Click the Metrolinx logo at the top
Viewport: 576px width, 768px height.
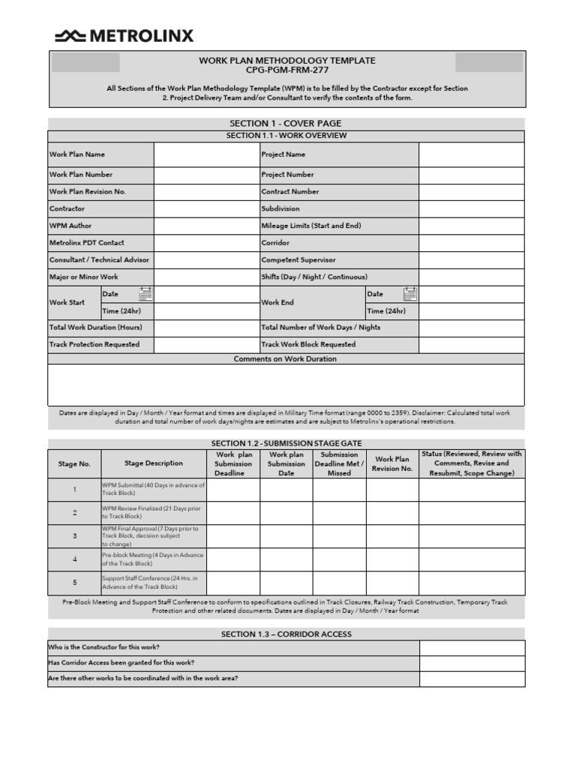(124, 35)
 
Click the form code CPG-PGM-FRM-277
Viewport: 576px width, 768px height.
(287, 70)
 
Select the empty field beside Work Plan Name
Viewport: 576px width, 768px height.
(205, 154)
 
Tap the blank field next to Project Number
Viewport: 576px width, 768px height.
(471, 175)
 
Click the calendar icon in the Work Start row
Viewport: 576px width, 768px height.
(145, 294)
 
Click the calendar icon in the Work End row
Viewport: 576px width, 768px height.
(409, 294)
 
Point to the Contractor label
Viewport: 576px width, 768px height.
(67, 208)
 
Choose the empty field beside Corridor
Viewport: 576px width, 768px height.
(471, 243)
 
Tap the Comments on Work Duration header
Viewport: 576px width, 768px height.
(286, 358)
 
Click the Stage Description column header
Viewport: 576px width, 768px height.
(153, 463)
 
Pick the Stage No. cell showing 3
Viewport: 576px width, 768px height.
(74, 536)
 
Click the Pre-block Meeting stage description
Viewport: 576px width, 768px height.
(153, 559)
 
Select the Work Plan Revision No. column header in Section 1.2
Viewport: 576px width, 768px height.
(392, 463)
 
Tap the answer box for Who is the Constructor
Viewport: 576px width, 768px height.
(472, 647)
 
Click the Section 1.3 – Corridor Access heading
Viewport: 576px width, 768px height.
(286, 634)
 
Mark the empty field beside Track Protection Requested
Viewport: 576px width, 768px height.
(205, 345)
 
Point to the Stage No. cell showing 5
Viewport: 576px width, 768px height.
(74, 583)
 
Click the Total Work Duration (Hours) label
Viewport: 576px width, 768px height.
(96, 328)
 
